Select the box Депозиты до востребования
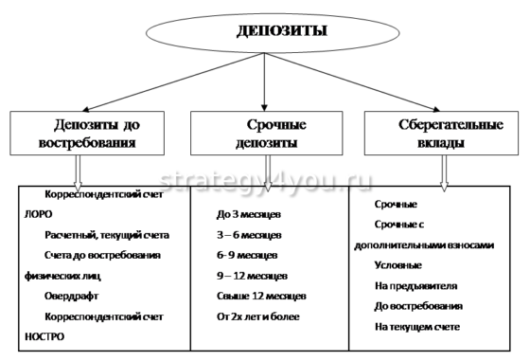(x=91, y=134)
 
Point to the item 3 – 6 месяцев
(x=249, y=236)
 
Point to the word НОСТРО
(x=37, y=334)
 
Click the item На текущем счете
(x=417, y=327)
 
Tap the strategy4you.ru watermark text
(x=266, y=180)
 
